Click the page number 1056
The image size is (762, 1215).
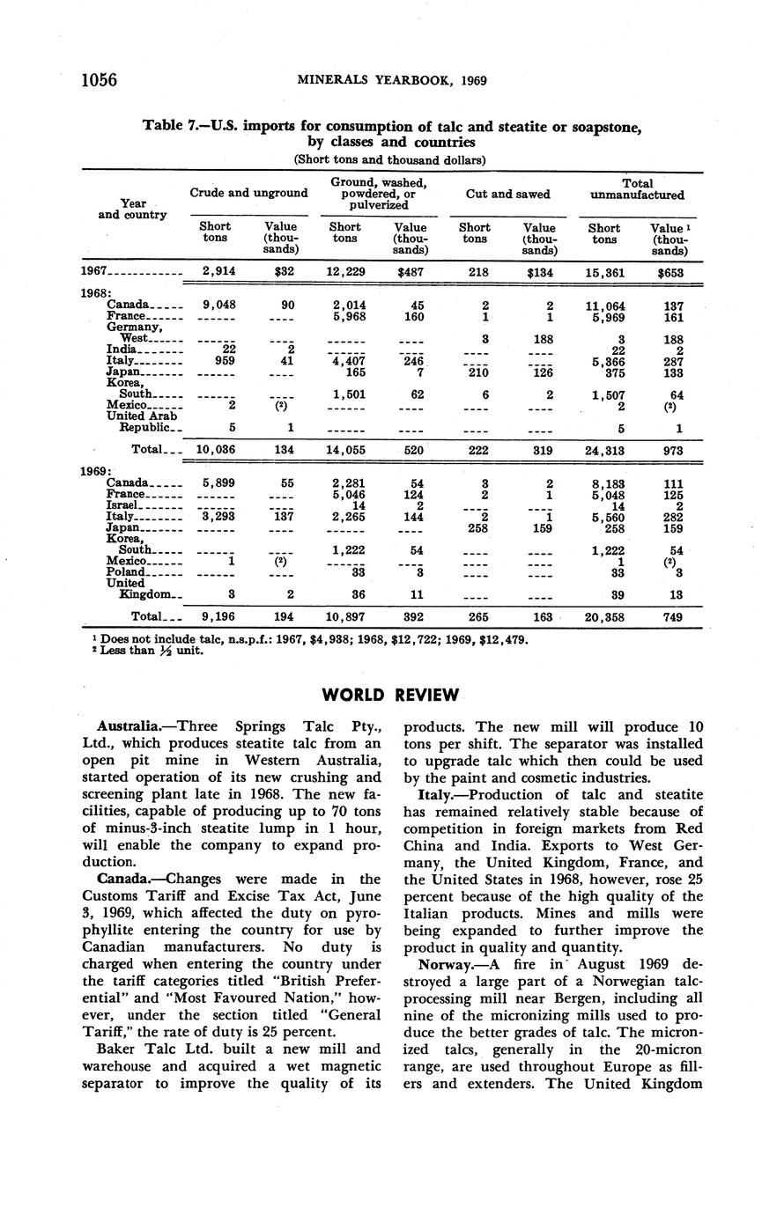point(100,80)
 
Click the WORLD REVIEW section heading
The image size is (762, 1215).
point(390,695)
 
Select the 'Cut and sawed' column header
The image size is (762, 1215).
point(509,194)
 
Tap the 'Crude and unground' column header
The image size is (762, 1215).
point(248,193)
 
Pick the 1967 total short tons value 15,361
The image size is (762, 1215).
point(604,273)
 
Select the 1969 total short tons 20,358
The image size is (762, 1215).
point(604,617)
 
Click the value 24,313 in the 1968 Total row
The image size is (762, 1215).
point(604,449)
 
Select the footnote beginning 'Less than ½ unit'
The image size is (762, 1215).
point(150,651)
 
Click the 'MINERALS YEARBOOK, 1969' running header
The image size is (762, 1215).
point(391,81)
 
